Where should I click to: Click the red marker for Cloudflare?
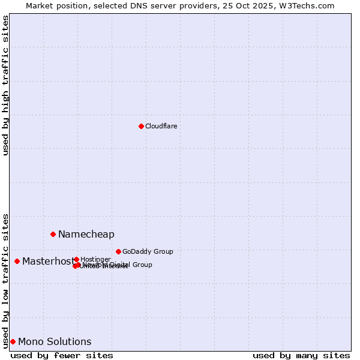(141, 126)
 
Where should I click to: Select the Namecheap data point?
(53, 234)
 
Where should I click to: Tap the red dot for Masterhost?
(17, 261)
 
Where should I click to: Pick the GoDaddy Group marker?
(118, 251)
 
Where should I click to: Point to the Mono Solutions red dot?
(13, 341)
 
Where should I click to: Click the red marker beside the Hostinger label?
(76, 259)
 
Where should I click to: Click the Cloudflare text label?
(161, 126)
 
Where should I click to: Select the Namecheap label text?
(86, 234)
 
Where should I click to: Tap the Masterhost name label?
(48, 261)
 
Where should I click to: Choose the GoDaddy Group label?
(148, 251)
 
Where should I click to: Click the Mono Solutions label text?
(55, 341)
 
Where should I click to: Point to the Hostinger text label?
(95, 259)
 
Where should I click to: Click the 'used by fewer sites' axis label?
(62, 355)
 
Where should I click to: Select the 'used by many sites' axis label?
(301, 355)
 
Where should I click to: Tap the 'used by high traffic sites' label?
(5, 85)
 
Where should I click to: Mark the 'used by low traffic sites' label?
(5, 280)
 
